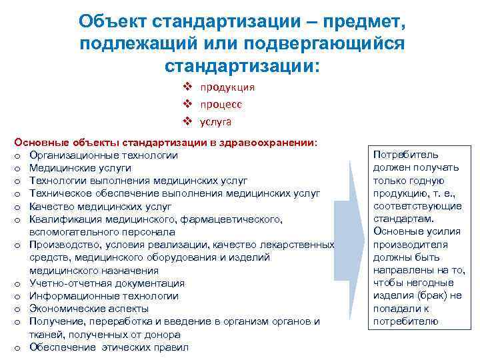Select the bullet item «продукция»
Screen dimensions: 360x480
click(x=227, y=87)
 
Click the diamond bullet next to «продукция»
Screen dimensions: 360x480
click(x=188, y=87)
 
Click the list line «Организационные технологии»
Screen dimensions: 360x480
click(x=103, y=155)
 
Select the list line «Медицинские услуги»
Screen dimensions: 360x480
click(x=79, y=168)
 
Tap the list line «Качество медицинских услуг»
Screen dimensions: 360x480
click(x=96, y=207)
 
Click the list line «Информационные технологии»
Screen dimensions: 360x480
click(x=103, y=296)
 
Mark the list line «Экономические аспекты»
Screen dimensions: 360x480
click(x=89, y=309)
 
